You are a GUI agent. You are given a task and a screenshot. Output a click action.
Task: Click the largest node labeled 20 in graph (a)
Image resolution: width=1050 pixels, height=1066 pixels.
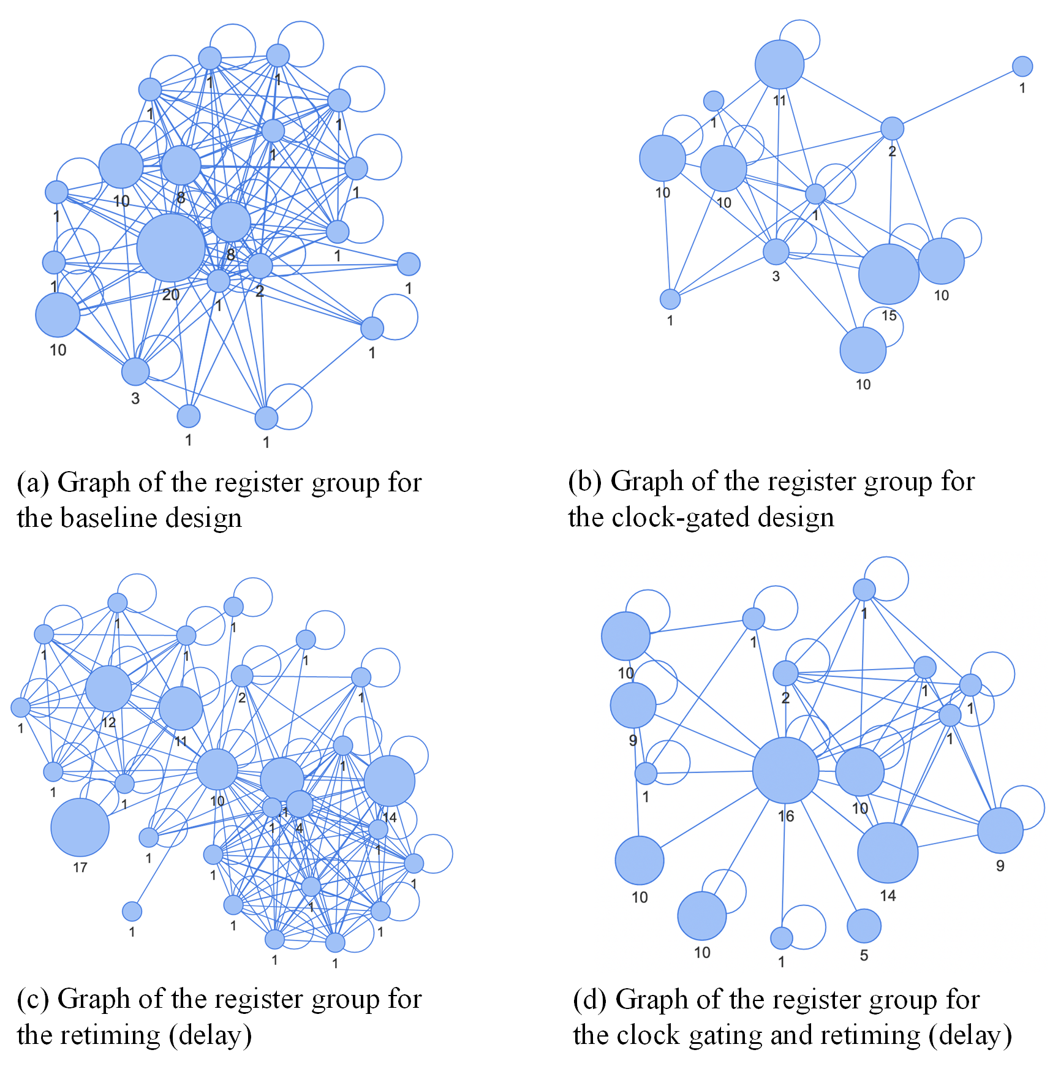click(x=171, y=248)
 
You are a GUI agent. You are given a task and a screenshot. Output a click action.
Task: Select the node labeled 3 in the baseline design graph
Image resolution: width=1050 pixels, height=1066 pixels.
click(x=135, y=371)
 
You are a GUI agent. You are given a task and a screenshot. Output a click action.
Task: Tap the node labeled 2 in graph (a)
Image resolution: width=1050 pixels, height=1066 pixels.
click(x=260, y=265)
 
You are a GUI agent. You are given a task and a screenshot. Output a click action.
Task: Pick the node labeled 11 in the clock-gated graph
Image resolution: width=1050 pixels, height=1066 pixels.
click(x=779, y=64)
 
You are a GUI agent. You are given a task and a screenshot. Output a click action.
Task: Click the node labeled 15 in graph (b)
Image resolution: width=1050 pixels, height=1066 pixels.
click(x=888, y=274)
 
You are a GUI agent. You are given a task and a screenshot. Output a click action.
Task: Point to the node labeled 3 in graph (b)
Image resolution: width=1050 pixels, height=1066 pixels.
click(x=776, y=251)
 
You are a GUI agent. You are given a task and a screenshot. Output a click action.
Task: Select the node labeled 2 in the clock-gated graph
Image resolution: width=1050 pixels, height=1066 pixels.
click(x=892, y=128)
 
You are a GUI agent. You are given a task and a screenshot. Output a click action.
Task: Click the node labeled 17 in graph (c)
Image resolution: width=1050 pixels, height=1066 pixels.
click(x=80, y=827)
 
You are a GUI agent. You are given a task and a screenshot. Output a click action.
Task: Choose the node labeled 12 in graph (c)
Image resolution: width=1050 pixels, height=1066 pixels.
click(x=108, y=689)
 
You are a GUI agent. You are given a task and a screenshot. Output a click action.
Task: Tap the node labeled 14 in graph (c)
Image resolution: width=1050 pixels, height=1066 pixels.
click(x=390, y=781)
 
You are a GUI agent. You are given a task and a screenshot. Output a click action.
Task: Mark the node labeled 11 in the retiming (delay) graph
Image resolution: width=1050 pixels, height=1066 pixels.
click(x=181, y=708)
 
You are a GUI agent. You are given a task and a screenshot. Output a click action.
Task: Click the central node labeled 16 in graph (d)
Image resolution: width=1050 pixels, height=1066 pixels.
click(x=785, y=770)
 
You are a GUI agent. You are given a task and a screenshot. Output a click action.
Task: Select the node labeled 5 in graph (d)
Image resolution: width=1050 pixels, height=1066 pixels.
click(x=864, y=926)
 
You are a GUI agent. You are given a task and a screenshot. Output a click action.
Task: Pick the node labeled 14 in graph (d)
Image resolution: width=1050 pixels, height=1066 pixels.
click(x=888, y=853)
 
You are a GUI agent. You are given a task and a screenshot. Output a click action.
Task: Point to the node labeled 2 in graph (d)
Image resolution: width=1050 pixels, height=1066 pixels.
click(x=785, y=673)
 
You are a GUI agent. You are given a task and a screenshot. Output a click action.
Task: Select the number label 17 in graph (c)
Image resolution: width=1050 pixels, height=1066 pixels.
click(x=80, y=868)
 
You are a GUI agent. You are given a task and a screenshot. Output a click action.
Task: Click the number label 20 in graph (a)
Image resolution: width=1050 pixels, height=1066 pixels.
click(x=171, y=295)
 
